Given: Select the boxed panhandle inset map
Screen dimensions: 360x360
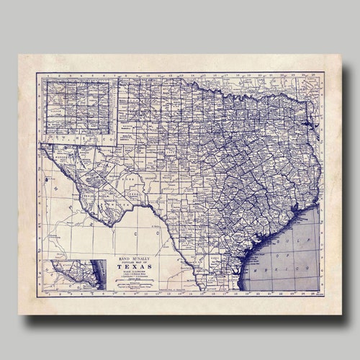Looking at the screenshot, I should [80, 106].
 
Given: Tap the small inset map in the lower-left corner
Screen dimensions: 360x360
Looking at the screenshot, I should [74, 274].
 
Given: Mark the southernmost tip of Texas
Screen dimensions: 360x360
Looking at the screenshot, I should [239, 288].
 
